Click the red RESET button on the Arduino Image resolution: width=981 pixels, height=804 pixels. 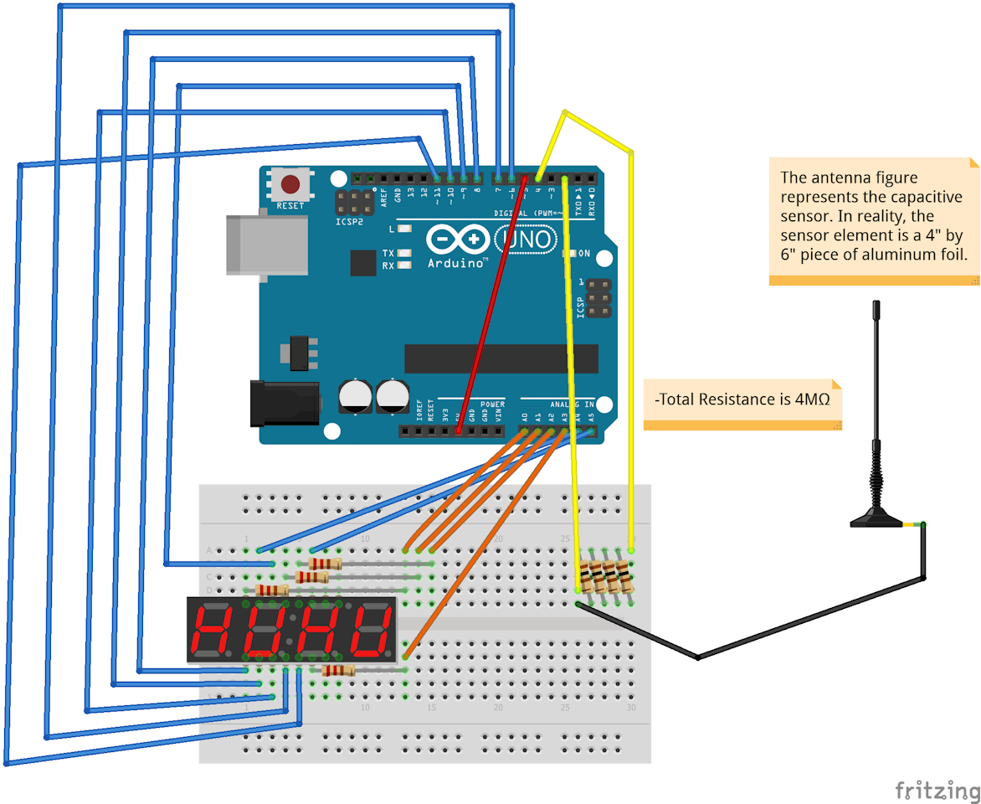click(290, 184)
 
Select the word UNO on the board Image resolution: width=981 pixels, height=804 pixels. click(526, 240)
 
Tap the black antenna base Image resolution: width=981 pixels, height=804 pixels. click(876, 520)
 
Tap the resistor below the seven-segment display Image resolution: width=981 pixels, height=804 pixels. click(338, 670)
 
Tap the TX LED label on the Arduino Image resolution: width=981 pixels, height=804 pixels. click(388, 253)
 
